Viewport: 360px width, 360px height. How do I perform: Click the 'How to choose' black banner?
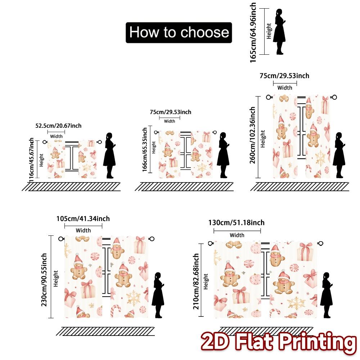coord(179,33)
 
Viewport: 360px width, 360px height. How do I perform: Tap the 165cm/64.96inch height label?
coord(253,32)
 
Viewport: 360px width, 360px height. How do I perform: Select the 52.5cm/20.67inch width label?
coord(58,126)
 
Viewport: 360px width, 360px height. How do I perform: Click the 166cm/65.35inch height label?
coord(145,153)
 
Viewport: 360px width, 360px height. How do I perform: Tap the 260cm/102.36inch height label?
coord(253,135)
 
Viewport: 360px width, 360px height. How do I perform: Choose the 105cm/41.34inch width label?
coord(83,219)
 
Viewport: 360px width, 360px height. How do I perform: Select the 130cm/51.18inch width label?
coord(237,223)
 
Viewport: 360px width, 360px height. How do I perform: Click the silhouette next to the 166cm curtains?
coord(223,155)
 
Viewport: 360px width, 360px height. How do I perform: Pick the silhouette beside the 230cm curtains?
coord(158,295)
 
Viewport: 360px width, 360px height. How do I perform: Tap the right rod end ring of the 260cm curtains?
coord(334,97)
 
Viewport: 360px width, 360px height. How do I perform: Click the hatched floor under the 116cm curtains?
coord(72,186)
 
